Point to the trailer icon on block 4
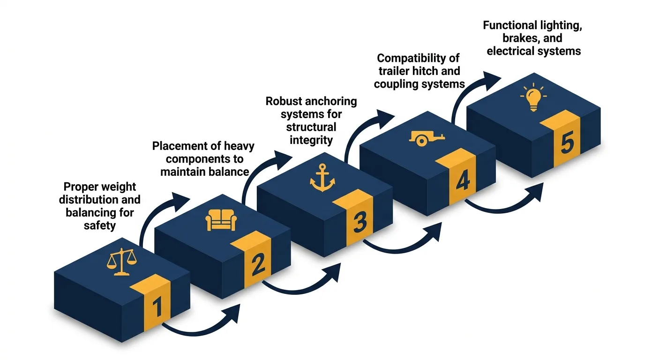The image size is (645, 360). (x=427, y=137)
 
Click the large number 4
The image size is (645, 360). (x=462, y=181)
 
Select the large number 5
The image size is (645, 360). (x=566, y=142)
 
